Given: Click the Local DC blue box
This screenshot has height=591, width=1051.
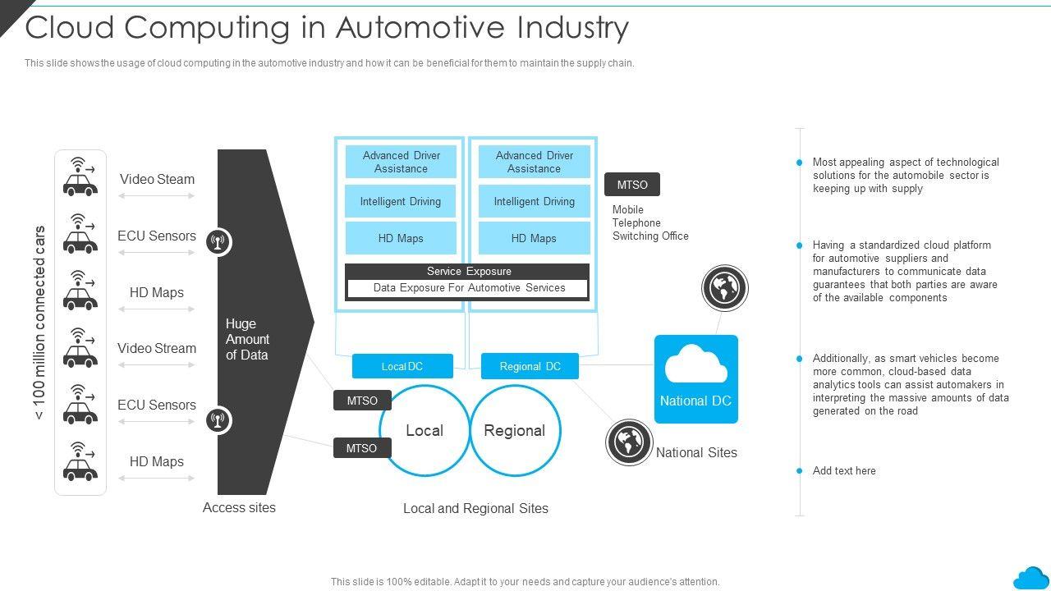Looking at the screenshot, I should point(402,366).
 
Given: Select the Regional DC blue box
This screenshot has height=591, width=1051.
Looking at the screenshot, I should point(530,366).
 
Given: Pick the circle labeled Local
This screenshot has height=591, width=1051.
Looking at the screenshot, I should point(424,431).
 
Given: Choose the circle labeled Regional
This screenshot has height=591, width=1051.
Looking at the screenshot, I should point(515,431).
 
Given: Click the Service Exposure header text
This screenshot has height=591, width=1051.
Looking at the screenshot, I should point(468,272).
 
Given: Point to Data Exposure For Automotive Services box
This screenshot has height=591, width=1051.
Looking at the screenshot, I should point(468,288).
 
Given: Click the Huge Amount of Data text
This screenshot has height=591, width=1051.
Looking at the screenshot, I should point(247,339).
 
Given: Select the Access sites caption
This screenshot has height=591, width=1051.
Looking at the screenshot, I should point(239,507).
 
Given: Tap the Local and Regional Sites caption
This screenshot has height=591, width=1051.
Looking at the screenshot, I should point(475,509).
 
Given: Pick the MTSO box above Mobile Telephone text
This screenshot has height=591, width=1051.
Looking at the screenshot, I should point(632,185).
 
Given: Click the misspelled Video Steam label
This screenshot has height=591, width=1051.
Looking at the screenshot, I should point(157,179).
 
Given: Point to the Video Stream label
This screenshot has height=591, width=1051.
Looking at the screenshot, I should point(157,348).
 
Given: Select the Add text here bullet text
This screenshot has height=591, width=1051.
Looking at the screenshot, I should point(844,471).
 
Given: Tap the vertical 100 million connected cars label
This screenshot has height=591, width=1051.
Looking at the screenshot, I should point(39,323).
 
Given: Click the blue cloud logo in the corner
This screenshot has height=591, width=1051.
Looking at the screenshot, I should point(1030,577).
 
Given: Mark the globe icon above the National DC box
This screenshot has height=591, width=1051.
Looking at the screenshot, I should point(725,288).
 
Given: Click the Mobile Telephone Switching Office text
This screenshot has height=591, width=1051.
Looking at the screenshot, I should point(650,223).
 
